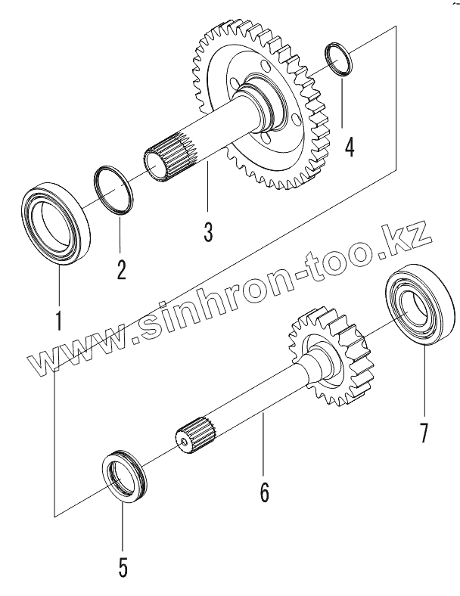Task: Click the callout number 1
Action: click(x=57, y=319)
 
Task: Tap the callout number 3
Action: click(x=207, y=230)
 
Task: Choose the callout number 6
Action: click(x=264, y=492)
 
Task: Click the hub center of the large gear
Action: click(x=261, y=98)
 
